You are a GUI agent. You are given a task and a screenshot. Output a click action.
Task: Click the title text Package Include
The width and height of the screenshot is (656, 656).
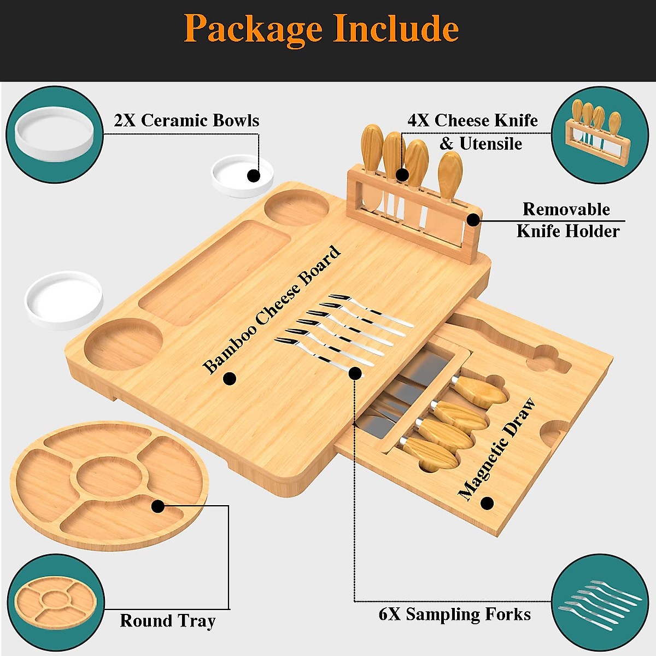coord(321,28)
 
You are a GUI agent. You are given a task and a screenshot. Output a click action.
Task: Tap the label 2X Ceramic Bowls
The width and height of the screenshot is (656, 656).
coord(186,120)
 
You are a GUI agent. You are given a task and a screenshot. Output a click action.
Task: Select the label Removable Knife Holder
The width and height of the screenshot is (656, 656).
coord(568,220)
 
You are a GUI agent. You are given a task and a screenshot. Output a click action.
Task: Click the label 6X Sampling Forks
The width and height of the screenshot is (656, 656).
coord(454,614)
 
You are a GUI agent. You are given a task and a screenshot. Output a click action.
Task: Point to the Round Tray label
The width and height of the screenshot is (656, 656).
coord(167,621)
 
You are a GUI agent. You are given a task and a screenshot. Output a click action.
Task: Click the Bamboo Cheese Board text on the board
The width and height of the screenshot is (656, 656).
coord(272,310)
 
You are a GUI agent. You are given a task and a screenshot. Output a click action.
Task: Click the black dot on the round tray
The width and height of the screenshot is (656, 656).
coord(157,506)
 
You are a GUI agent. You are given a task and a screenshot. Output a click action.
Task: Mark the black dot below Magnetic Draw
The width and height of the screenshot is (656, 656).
coord(487,502)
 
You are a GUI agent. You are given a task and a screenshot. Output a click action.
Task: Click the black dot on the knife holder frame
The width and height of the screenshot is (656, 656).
coord(473,220)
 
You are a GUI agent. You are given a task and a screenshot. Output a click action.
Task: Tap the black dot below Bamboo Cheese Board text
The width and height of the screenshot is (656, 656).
coord(230,378)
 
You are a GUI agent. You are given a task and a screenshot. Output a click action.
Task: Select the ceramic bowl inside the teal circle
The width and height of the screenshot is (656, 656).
coord(55,134)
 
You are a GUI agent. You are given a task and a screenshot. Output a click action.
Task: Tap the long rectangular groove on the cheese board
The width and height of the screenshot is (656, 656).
coord(214,273)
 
